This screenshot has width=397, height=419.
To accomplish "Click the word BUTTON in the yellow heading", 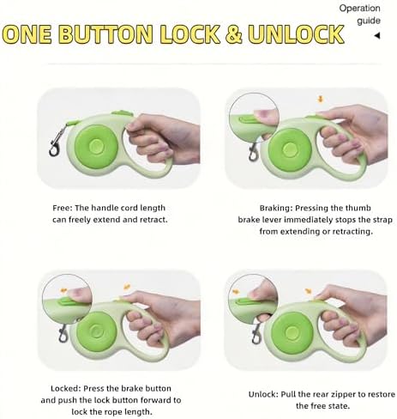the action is coord(107,34).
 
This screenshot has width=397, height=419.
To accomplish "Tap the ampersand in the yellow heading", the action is coord(234,34).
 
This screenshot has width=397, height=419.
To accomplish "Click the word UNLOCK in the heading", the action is coord(296,34).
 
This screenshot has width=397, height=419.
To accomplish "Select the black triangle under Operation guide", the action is coord(377,36).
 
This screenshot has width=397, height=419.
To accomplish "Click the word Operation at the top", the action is coord(359,9).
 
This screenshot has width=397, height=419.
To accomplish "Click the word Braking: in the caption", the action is coord(276,208).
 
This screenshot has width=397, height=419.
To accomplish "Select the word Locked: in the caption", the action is coord(66,388).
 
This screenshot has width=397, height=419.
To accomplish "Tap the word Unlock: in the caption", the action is coord(263,394).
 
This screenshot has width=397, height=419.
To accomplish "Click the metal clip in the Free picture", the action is coord(56,142).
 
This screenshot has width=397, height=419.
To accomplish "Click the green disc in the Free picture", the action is coord(96,146).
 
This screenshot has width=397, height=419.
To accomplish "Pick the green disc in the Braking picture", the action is coord(290,149).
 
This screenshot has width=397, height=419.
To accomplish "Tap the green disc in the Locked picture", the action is coord(96,331).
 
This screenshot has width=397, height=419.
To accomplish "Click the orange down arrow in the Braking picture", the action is coord(321,100).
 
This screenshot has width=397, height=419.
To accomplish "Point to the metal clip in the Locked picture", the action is coord(63,333).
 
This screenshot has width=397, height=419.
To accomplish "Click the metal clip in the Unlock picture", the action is coord(256,333).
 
